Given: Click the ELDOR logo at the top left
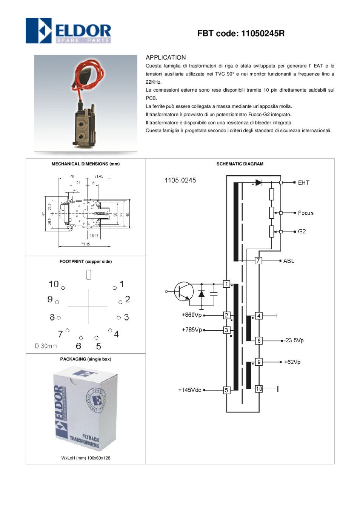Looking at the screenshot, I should [x=68, y=31].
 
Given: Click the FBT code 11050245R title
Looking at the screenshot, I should [x=241, y=34].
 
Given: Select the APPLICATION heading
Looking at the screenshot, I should [x=166, y=57].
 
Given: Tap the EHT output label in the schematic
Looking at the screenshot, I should [x=303, y=183].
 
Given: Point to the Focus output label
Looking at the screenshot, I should [x=306, y=213].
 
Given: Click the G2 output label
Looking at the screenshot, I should [x=302, y=232].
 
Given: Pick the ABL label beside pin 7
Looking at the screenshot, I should [x=289, y=261].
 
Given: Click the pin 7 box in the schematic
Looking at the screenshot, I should [x=258, y=261].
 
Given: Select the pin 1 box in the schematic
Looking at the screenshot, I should [x=226, y=284].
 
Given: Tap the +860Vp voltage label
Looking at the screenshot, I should [x=192, y=315].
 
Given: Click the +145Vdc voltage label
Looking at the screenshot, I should [x=189, y=390].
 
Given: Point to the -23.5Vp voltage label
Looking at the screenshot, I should [x=294, y=340].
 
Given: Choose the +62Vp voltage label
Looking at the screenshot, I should [x=292, y=362].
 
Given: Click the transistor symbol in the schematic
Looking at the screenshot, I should [x=184, y=291].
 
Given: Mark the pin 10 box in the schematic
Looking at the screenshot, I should [x=259, y=389].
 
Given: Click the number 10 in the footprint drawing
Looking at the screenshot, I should [x=54, y=284].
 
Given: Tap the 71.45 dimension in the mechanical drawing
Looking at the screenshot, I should [x=85, y=244].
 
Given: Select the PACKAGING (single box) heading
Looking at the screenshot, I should [x=86, y=359].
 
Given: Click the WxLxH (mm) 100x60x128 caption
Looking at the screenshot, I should [x=86, y=458].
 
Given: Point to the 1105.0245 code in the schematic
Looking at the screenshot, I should [x=180, y=180].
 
